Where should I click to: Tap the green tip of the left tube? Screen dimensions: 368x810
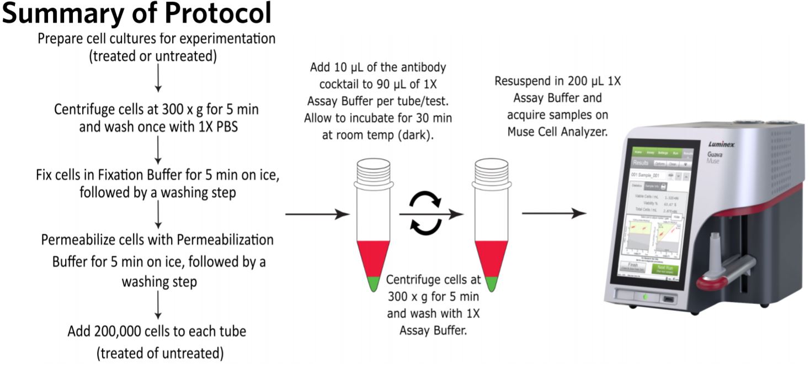pos(375,284)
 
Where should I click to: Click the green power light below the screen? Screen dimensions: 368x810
pos(643,297)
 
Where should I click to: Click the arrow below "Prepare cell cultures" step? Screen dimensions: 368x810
pos(158,80)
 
